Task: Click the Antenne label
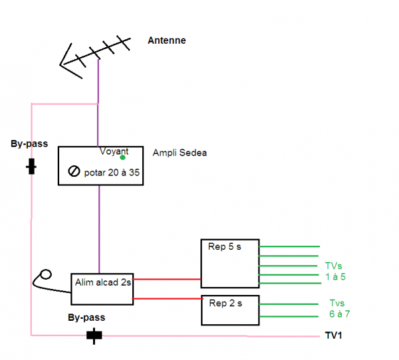click(167, 41)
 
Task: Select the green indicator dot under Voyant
click(122, 157)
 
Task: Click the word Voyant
click(114, 151)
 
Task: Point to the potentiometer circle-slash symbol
click(74, 171)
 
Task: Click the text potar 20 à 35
click(112, 173)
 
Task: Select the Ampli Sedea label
click(180, 153)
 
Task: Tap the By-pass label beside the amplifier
click(29, 144)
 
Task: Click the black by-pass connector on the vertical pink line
click(31, 167)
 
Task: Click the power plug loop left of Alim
click(46, 274)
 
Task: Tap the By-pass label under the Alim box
click(86, 317)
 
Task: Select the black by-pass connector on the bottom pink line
click(94, 335)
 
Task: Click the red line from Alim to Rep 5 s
click(167, 279)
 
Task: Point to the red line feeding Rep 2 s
click(168, 298)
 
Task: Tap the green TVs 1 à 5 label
click(335, 271)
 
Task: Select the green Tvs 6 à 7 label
click(339, 308)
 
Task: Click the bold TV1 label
click(333, 335)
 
